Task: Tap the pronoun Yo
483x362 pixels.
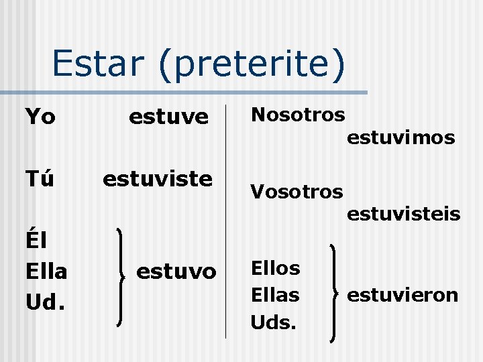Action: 40,117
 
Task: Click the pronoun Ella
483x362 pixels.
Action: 46,271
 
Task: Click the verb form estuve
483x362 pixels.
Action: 168,117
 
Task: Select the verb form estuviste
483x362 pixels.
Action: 157,179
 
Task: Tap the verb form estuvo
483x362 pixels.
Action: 176,271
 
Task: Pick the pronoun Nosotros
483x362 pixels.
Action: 297,115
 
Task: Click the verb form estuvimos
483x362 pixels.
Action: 400,138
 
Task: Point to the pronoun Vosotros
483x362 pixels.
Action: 297,192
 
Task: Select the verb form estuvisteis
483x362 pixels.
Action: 403,214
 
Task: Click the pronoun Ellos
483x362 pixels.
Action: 275,268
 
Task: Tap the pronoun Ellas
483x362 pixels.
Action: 275,294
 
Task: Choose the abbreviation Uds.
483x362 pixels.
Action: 272,322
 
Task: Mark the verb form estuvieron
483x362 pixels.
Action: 402,294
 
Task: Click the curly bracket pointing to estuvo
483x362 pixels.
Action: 121,276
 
